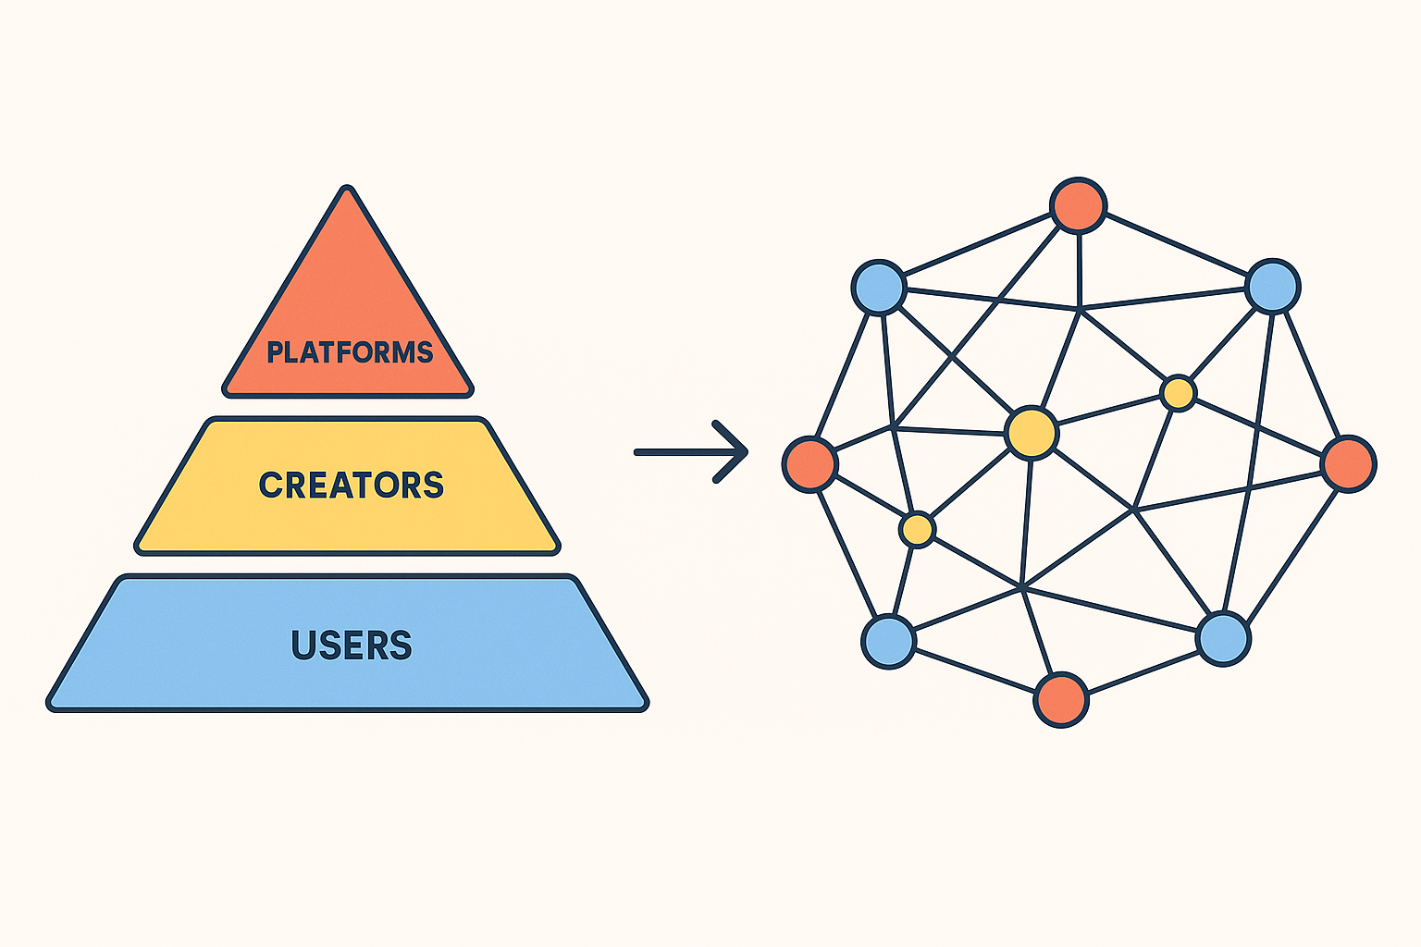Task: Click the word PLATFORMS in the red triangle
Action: pyautogui.click(x=350, y=352)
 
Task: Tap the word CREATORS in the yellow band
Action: pyautogui.click(x=352, y=486)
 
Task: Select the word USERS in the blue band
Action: pyautogui.click(x=352, y=646)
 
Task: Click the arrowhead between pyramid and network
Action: pyautogui.click(x=735, y=452)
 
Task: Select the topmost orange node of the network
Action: pyautogui.click(x=1079, y=205)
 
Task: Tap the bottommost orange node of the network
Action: pyautogui.click(x=1061, y=700)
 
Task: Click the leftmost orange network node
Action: pyautogui.click(x=810, y=463)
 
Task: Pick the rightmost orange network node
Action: pyautogui.click(x=1348, y=463)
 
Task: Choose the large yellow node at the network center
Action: pyautogui.click(x=1032, y=432)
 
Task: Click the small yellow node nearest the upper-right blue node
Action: pyautogui.click(x=1178, y=393)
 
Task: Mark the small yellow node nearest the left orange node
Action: pyautogui.click(x=917, y=530)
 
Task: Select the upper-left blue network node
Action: pyautogui.click(x=879, y=287)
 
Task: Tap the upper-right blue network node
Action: pyautogui.click(x=1273, y=286)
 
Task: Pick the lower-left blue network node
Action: pyautogui.click(x=889, y=641)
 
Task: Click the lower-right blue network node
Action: pyautogui.click(x=1223, y=638)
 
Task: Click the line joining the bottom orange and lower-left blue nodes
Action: pyautogui.click(x=975, y=670)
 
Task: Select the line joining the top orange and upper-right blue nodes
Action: pyautogui.click(x=1176, y=245)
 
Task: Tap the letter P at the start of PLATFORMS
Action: pyautogui.click(x=275, y=352)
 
